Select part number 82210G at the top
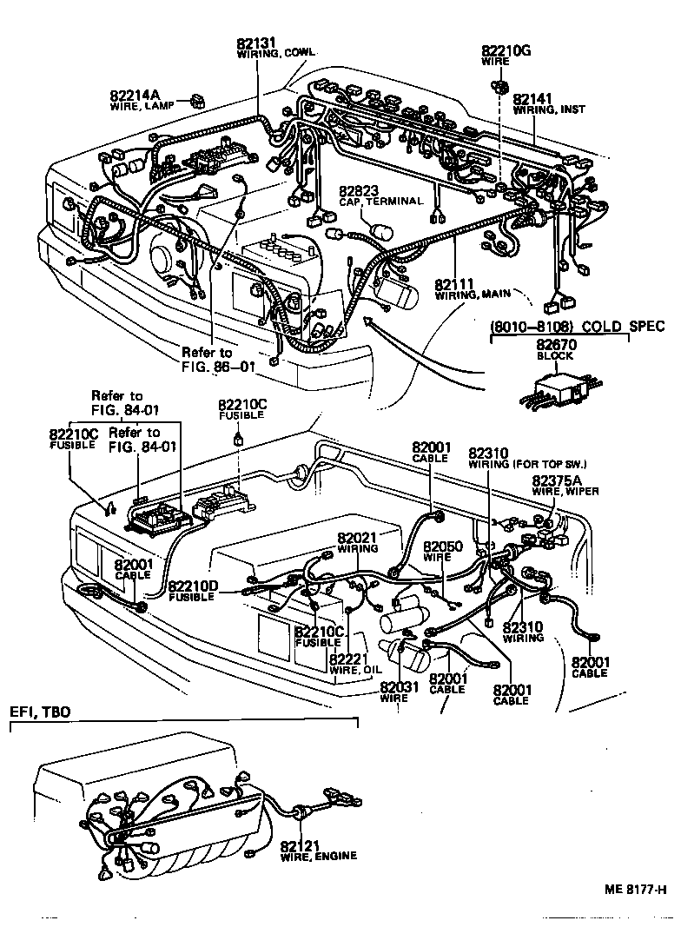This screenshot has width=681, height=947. click(x=506, y=51)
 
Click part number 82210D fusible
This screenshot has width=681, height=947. click(x=192, y=586)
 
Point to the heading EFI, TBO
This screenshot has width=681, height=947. click(x=40, y=712)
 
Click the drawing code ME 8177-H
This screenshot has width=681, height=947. click(x=635, y=890)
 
